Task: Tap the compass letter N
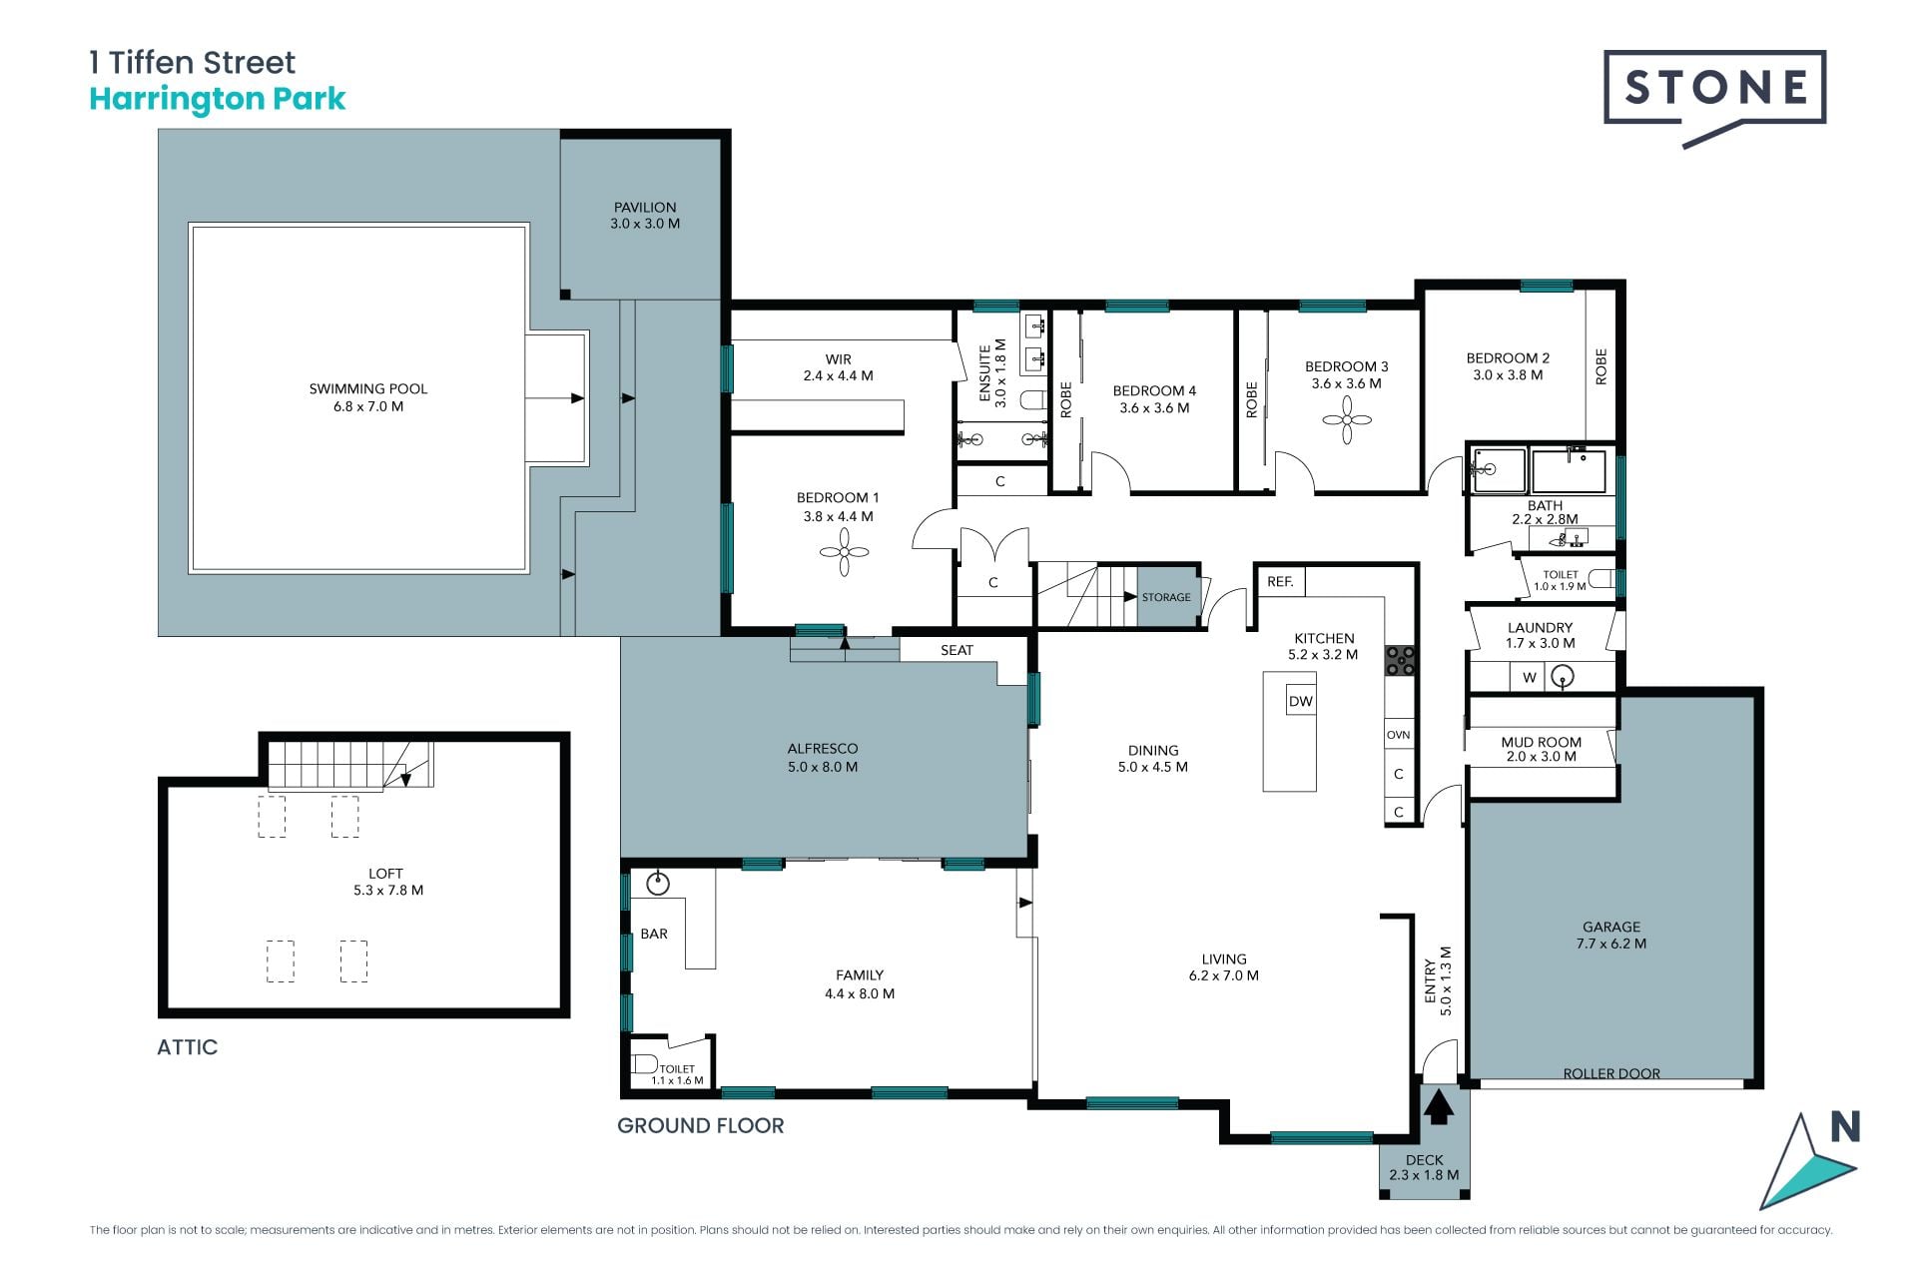click(1845, 1127)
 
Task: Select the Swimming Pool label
click(368, 397)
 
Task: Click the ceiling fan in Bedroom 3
click(1347, 419)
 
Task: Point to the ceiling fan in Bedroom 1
click(844, 552)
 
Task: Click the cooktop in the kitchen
click(1400, 660)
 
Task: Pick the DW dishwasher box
click(1301, 701)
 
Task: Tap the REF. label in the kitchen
click(1280, 581)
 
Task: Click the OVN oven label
click(1398, 735)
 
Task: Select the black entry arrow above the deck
click(1438, 1107)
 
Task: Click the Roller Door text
click(1611, 1073)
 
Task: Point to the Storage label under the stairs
click(1166, 597)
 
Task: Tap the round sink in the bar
click(658, 884)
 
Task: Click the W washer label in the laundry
click(1530, 678)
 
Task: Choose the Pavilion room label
click(645, 216)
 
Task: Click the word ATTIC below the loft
click(188, 1047)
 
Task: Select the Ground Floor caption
click(701, 1126)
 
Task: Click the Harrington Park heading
click(218, 99)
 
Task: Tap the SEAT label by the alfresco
click(957, 650)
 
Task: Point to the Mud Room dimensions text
click(1542, 757)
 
